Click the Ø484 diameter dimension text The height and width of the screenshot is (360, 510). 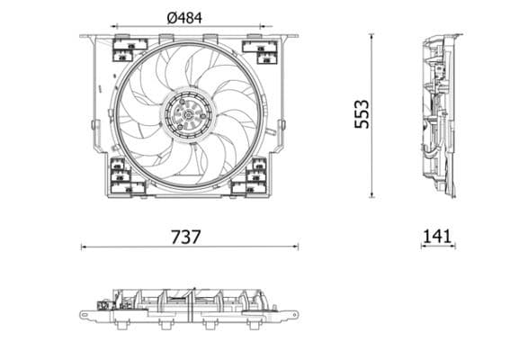[x=184, y=15]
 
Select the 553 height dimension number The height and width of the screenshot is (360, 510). [x=362, y=114]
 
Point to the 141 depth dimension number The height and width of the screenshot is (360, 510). [x=436, y=236]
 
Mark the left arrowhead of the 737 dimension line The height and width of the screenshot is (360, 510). [x=84, y=247]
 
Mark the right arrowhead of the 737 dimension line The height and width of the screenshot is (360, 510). [x=296, y=247]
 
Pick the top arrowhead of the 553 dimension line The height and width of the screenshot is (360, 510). [x=372, y=36]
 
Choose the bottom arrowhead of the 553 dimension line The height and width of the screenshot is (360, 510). [x=372, y=195]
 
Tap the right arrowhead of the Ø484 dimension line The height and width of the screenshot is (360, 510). [x=256, y=27]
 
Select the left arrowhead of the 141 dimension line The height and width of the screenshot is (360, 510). [x=422, y=247]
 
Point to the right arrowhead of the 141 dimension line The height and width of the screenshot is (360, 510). [x=454, y=247]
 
